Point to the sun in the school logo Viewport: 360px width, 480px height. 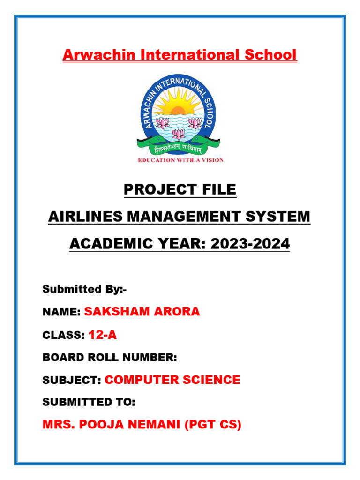[x=178, y=111]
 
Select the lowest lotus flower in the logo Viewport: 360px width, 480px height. [x=178, y=134]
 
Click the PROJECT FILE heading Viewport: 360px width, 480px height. [x=180, y=190]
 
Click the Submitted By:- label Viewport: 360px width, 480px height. [x=84, y=289]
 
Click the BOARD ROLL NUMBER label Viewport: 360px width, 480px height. [x=110, y=358]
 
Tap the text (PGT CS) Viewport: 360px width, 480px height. [x=213, y=425]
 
